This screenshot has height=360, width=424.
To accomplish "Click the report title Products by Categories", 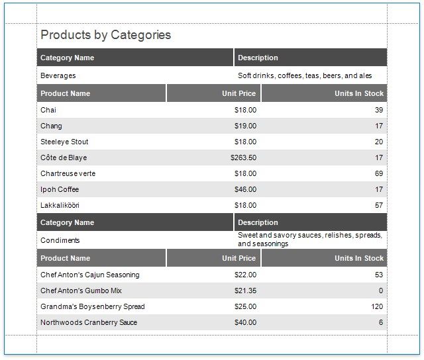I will click(x=106, y=35).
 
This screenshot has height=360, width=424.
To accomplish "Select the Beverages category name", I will click(x=58, y=75).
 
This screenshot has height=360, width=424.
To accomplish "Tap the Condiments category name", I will click(x=60, y=240).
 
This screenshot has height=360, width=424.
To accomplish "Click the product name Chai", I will click(x=48, y=110).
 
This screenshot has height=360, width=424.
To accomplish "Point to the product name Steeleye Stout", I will click(x=64, y=142).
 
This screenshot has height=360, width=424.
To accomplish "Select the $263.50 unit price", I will click(x=243, y=157).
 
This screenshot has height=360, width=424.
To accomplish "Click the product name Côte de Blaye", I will click(x=64, y=157).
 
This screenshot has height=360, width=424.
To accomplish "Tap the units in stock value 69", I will click(x=379, y=173).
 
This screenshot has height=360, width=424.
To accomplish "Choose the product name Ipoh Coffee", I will click(x=60, y=189).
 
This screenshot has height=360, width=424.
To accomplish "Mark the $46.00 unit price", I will click(x=245, y=189).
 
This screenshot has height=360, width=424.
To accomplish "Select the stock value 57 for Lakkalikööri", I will click(x=379, y=205).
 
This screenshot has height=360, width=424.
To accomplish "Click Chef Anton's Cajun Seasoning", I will click(x=90, y=275).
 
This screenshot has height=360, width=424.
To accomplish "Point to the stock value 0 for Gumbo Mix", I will click(x=381, y=291).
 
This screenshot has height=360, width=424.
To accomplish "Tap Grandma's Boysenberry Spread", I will click(x=93, y=306).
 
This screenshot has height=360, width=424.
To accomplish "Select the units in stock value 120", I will click(x=377, y=306).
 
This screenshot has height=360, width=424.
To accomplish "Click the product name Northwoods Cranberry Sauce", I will click(x=89, y=322).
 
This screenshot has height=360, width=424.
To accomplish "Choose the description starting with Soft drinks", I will click(x=305, y=75).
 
